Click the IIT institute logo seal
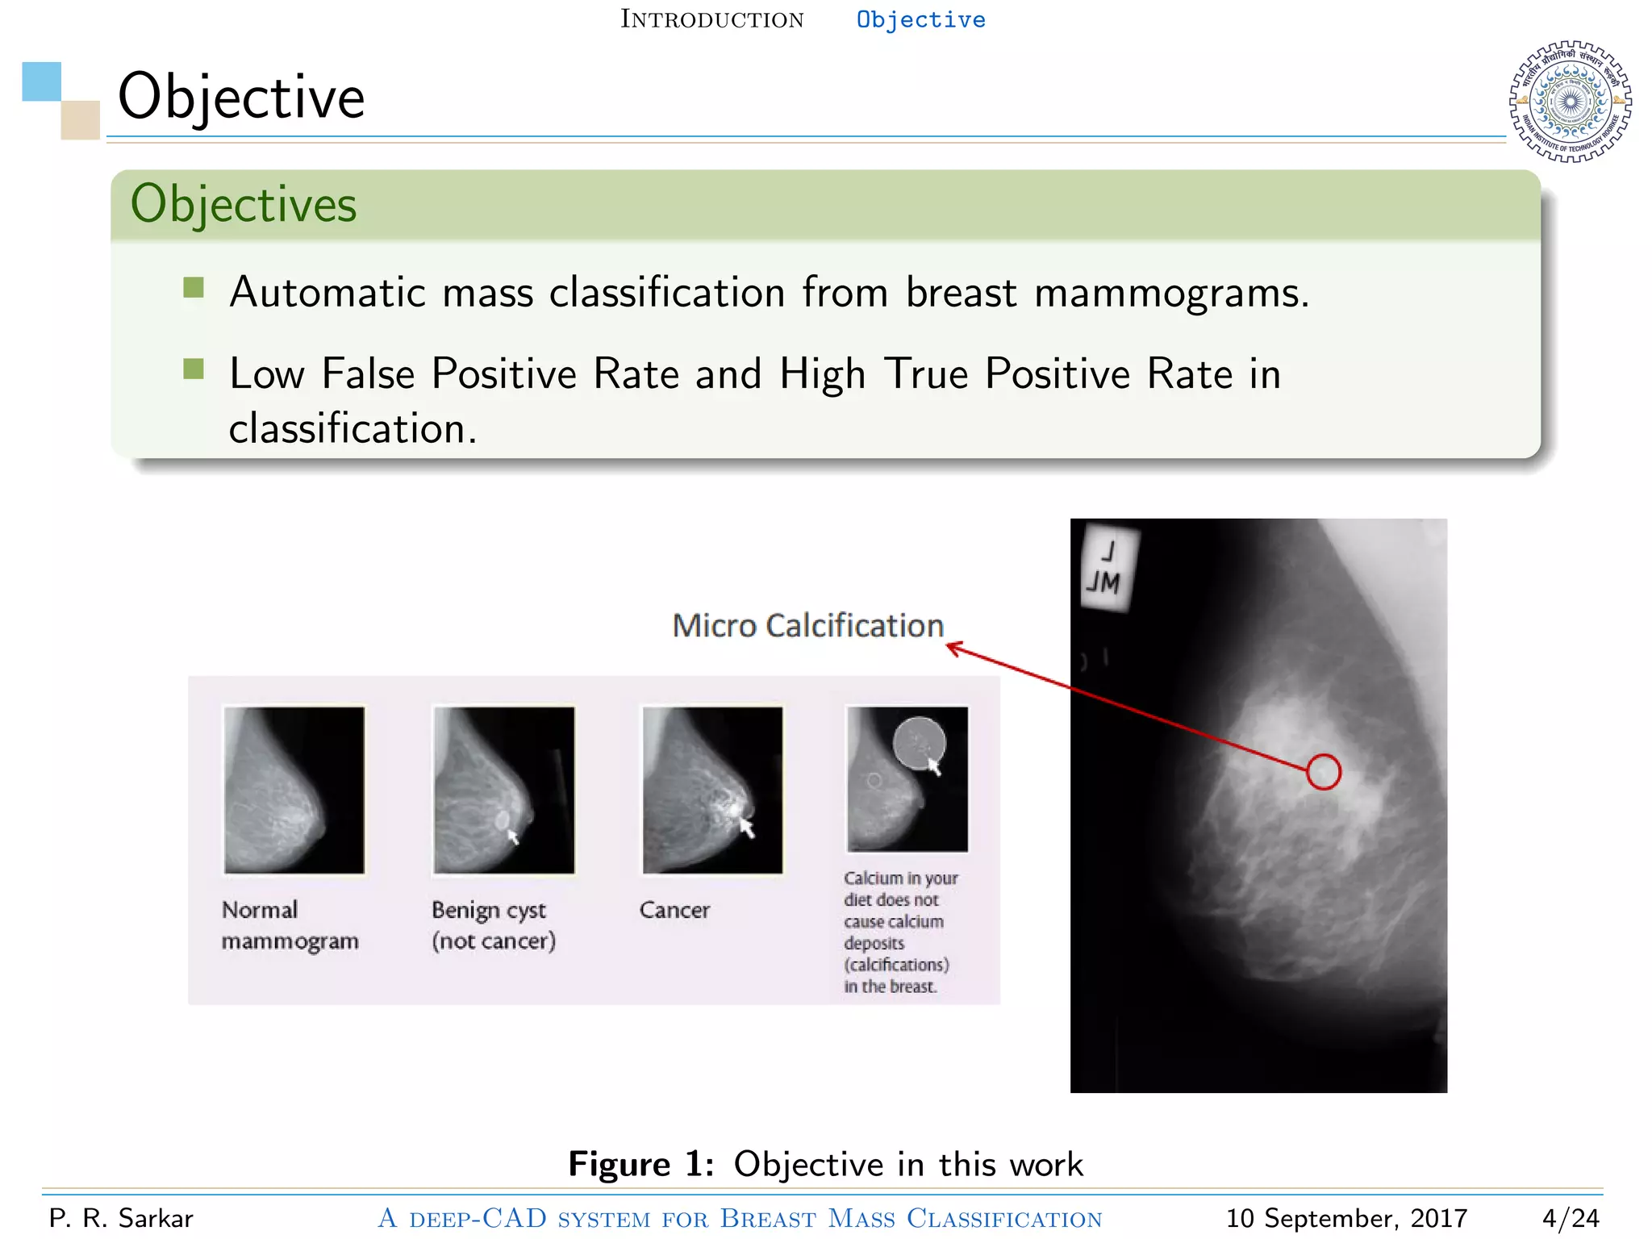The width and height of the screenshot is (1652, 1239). (x=1570, y=102)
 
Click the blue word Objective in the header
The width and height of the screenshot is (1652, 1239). (x=920, y=19)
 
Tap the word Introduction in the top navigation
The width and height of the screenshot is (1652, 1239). (x=711, y=19)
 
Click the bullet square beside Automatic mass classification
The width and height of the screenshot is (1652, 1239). (x=194, y=287)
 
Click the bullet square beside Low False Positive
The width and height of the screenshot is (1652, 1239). (x=194, y=369)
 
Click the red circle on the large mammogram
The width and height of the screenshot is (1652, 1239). (x=1323, y=772)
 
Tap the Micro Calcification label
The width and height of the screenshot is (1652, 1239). (x=807, y=626)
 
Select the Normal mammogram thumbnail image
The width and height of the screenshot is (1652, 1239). (x=294, y=790)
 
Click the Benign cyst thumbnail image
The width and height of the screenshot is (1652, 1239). (x=503, y=790)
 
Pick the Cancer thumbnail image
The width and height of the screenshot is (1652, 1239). (x=712, y=790)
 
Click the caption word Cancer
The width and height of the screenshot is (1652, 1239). (x=674, y=910)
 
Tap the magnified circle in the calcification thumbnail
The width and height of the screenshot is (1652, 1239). (x=919, y=743)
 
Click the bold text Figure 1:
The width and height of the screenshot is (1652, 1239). (x=640, y=1164)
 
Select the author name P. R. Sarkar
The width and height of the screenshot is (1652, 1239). (x=121, y=1218)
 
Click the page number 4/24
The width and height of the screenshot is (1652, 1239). (x=1570, y=1218)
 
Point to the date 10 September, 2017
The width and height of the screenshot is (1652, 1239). (x=1345, y=1218)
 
